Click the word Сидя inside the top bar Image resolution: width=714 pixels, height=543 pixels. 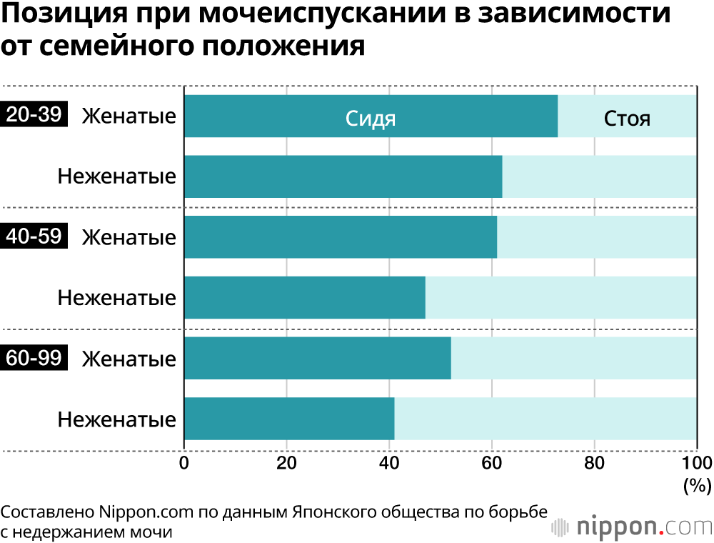(371, 118)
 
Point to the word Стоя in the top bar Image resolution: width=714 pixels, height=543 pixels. (627, 118)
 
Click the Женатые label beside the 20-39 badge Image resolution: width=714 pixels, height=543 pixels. (129, 116)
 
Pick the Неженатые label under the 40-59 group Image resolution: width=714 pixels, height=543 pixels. (117, 298)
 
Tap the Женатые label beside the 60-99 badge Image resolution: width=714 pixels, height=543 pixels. (129, 359)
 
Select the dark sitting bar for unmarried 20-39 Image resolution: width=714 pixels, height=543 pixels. (343, 176)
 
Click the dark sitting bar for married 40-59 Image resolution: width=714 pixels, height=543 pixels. (341, 236)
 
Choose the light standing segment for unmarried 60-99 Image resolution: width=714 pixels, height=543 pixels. (545, 419)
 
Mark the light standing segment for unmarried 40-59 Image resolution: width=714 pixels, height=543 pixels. (561, 297)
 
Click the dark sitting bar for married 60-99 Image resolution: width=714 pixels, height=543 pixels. (318, 358)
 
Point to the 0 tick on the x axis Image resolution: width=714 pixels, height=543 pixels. (184, 463)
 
